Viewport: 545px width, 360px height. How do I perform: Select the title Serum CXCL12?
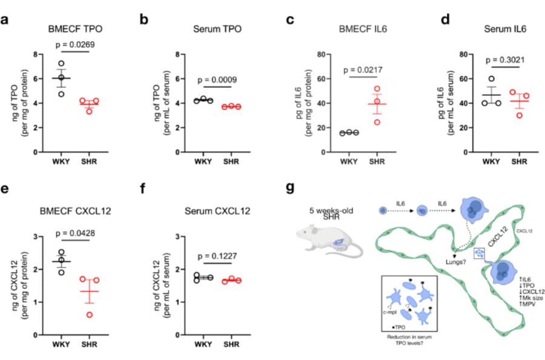[x=219, y=212]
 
